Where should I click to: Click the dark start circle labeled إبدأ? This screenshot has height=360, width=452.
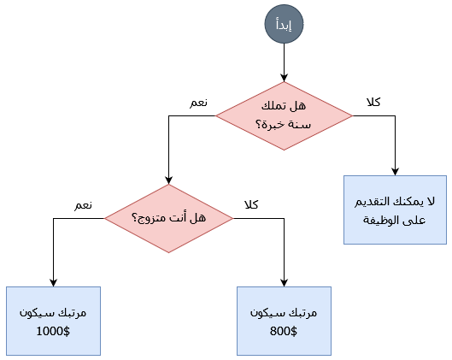(284, 24)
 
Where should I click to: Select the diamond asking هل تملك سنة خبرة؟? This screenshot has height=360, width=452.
(284, 116)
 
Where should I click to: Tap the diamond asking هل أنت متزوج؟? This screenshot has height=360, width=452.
(168, 218)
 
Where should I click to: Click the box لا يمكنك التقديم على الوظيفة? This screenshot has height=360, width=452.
(395, 210)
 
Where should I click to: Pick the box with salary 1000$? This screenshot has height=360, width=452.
(53, 321)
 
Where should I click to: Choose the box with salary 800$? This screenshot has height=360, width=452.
(284, 321)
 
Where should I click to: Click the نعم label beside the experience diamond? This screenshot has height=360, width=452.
(198, 103)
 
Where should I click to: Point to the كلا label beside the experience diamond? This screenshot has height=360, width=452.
(373, 102)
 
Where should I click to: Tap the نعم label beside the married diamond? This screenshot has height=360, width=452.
(84, 205)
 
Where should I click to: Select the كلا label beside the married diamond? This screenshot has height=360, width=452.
(251, 204)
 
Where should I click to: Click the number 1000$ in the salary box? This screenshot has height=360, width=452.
(53, 331)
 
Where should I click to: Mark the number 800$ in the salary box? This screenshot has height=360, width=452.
(284, 331)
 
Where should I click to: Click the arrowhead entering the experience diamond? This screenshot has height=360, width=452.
(284, 78)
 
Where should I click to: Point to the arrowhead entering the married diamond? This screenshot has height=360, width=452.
(168, 180)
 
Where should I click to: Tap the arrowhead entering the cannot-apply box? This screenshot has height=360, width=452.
(395, 171)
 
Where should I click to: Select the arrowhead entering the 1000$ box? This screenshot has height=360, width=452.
(53, 283)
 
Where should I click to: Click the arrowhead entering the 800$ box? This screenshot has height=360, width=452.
(284, 283)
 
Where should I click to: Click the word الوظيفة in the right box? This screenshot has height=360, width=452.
(379, 220)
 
